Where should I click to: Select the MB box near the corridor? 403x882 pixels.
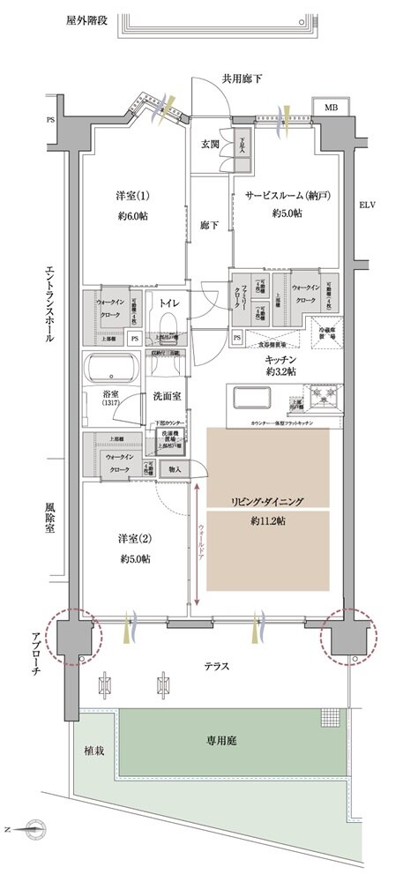click(331, 108)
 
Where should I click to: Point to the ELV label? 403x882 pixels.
click(368, 206)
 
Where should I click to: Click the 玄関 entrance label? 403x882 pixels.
click(211, 144)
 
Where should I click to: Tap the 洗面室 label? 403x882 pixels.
click(168, 395)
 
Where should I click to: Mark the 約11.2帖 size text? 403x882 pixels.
click(267, 520)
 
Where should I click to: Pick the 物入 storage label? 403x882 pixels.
click(175, 468)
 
